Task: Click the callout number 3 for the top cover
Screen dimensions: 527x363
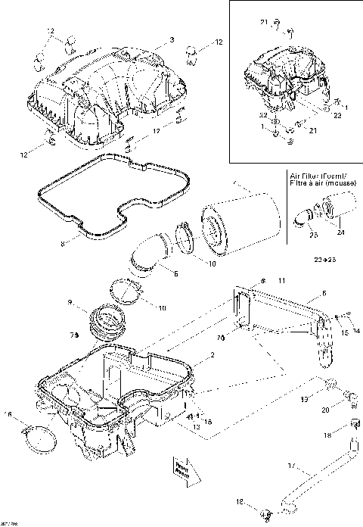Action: pos(172,39)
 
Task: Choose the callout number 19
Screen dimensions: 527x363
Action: pos(305,398)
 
